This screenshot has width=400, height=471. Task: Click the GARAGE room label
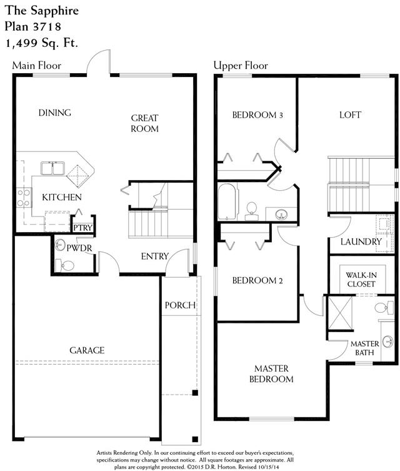tap(87, 350)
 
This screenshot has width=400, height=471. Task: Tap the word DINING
tap(55, 113)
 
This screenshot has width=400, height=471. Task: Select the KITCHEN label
tap(62, 198)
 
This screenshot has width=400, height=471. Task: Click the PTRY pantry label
tap(83, 228)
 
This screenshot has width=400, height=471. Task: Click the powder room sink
tap(60, 245)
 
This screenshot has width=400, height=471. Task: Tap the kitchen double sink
tap(53, 168)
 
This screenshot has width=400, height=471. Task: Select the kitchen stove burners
tap(24, 198)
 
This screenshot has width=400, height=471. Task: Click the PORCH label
tap(180, 305)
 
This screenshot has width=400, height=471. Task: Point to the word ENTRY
tap(155, 256)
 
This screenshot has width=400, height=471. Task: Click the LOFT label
tap(350, 114)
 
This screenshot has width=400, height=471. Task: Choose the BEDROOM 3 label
tap(257, 115)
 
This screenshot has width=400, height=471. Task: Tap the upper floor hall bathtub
tap(227, 201)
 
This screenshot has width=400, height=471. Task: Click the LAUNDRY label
tap(361, 241)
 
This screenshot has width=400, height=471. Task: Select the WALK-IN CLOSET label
tap(361, 280)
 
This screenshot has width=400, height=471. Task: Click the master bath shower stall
tap(340, 313)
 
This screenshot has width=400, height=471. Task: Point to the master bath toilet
tap(384, 308)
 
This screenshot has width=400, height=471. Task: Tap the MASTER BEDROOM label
tap(271, 373)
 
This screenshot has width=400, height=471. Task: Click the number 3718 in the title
tap(46, 27)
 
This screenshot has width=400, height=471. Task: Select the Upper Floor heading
tap(241, 66)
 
